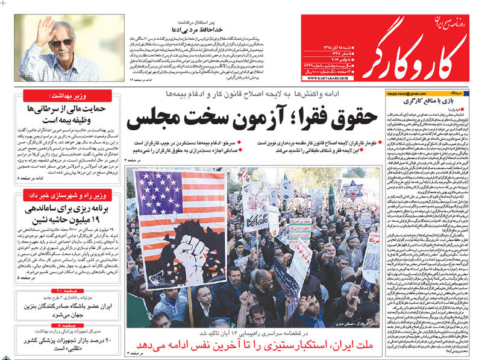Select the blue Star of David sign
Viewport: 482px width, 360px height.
(x=352, y=188)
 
